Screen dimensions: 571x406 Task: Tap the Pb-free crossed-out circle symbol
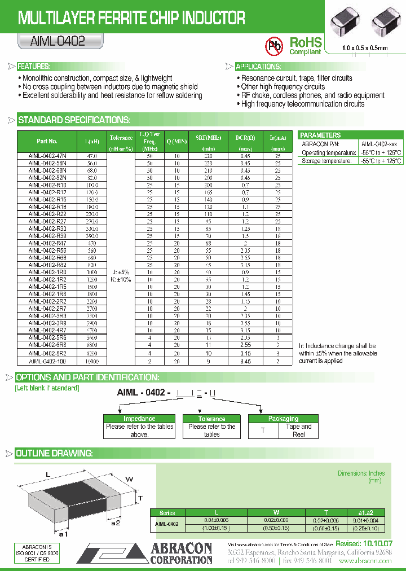click(275, 46)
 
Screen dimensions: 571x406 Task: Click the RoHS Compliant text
click(305, 46)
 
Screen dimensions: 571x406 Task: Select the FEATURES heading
click(34, 66)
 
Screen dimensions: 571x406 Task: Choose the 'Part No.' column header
click(47, 142)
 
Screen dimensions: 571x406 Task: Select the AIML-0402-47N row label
click(47, 155)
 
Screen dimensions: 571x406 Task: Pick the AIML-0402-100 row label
click(47, 361)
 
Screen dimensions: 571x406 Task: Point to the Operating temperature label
click(325, 153)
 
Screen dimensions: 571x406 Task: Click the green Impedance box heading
click(139, 419)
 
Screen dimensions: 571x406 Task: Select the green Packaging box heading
click(284, 419)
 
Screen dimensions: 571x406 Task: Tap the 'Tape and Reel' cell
click(298, 431)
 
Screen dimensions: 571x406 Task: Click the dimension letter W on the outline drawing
click(129, 480)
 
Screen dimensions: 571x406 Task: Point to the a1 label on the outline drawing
click(64, 533)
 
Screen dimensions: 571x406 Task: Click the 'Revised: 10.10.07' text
click(364, 543)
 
